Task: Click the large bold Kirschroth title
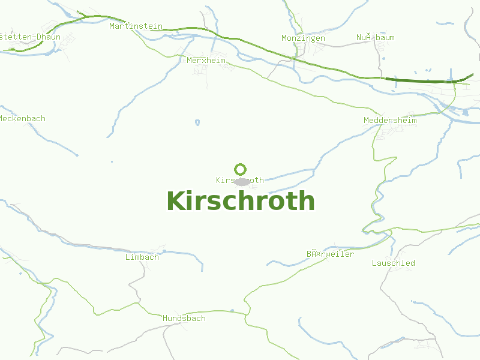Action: click(x=240, y=201)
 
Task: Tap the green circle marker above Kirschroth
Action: click(x=241, y=169)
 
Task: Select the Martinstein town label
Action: click(x=136, y=26)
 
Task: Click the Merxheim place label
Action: click(x=206, y=61)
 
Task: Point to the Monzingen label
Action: click(x=303, y=38)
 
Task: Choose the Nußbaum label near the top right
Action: click(x=375, y=38)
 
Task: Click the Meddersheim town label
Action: click(x=390, y=121)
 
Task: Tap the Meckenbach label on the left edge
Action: click(x=22, y=119)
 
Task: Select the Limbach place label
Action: click(x=142, y=257)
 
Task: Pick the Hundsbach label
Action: click(x=184, y=319)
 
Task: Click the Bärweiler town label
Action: click(x=330, y=254)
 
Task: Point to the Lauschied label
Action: click(x=393, y=263)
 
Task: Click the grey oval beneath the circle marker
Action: click(x=241, y=181)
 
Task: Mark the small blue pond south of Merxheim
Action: click(x=197, y=123)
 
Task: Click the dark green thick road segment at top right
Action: click(x=420, y=80)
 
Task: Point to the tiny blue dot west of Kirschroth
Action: click(x=112, y=161)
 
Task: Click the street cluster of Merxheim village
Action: click(x=201, y=70)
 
